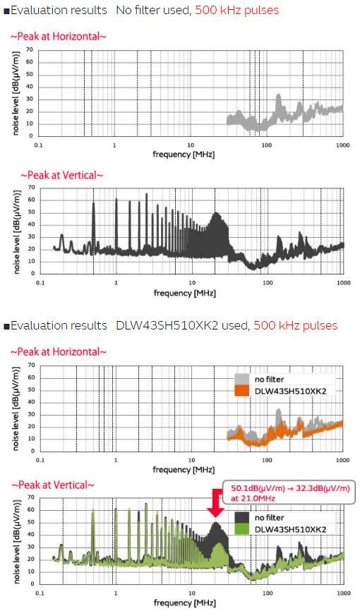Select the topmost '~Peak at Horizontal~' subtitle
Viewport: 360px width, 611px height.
click(59, 35)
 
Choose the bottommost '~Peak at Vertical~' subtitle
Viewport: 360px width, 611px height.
click(49, 485)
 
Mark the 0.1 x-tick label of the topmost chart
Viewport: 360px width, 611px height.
click(40, 145)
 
